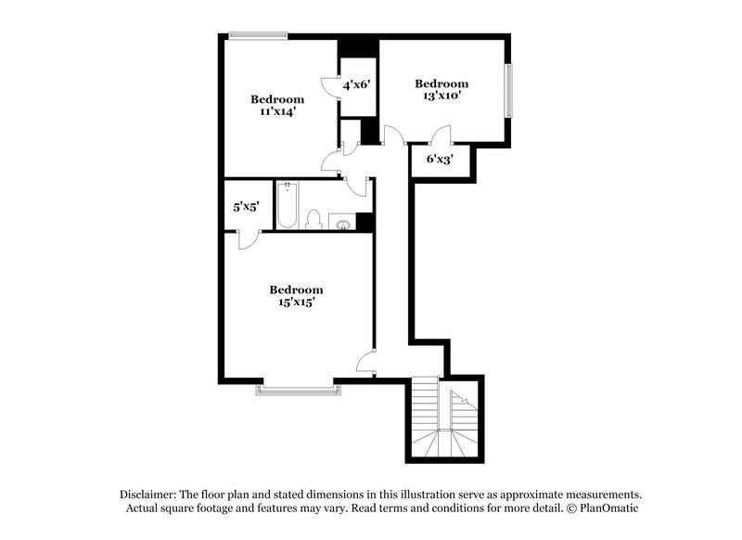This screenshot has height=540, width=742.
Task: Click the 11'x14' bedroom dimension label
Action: click(x=277, y=111)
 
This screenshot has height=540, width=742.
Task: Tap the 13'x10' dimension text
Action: click(x=441, y=95)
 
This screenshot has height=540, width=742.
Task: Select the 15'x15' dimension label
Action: click(x=296, y=302)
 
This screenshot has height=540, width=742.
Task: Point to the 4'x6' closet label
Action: click(x=357, y=84)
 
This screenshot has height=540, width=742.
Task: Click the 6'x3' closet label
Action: click(x=441, y=159)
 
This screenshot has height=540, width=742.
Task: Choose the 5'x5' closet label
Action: click(x=246, y=207)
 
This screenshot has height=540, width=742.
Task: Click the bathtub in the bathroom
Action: click(x=288, y=207)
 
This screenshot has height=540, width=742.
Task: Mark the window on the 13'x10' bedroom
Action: click(x=508, y=91)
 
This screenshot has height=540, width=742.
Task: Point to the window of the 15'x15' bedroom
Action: click(x=296, y=388)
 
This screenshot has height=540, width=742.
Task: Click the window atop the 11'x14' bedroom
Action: click(x=259, y=36)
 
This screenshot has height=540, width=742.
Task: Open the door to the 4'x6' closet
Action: click(x=331, y=84)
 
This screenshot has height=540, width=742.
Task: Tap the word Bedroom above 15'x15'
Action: click(x=296, y=289)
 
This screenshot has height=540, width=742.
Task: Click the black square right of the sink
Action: click(x=365, y=223)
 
